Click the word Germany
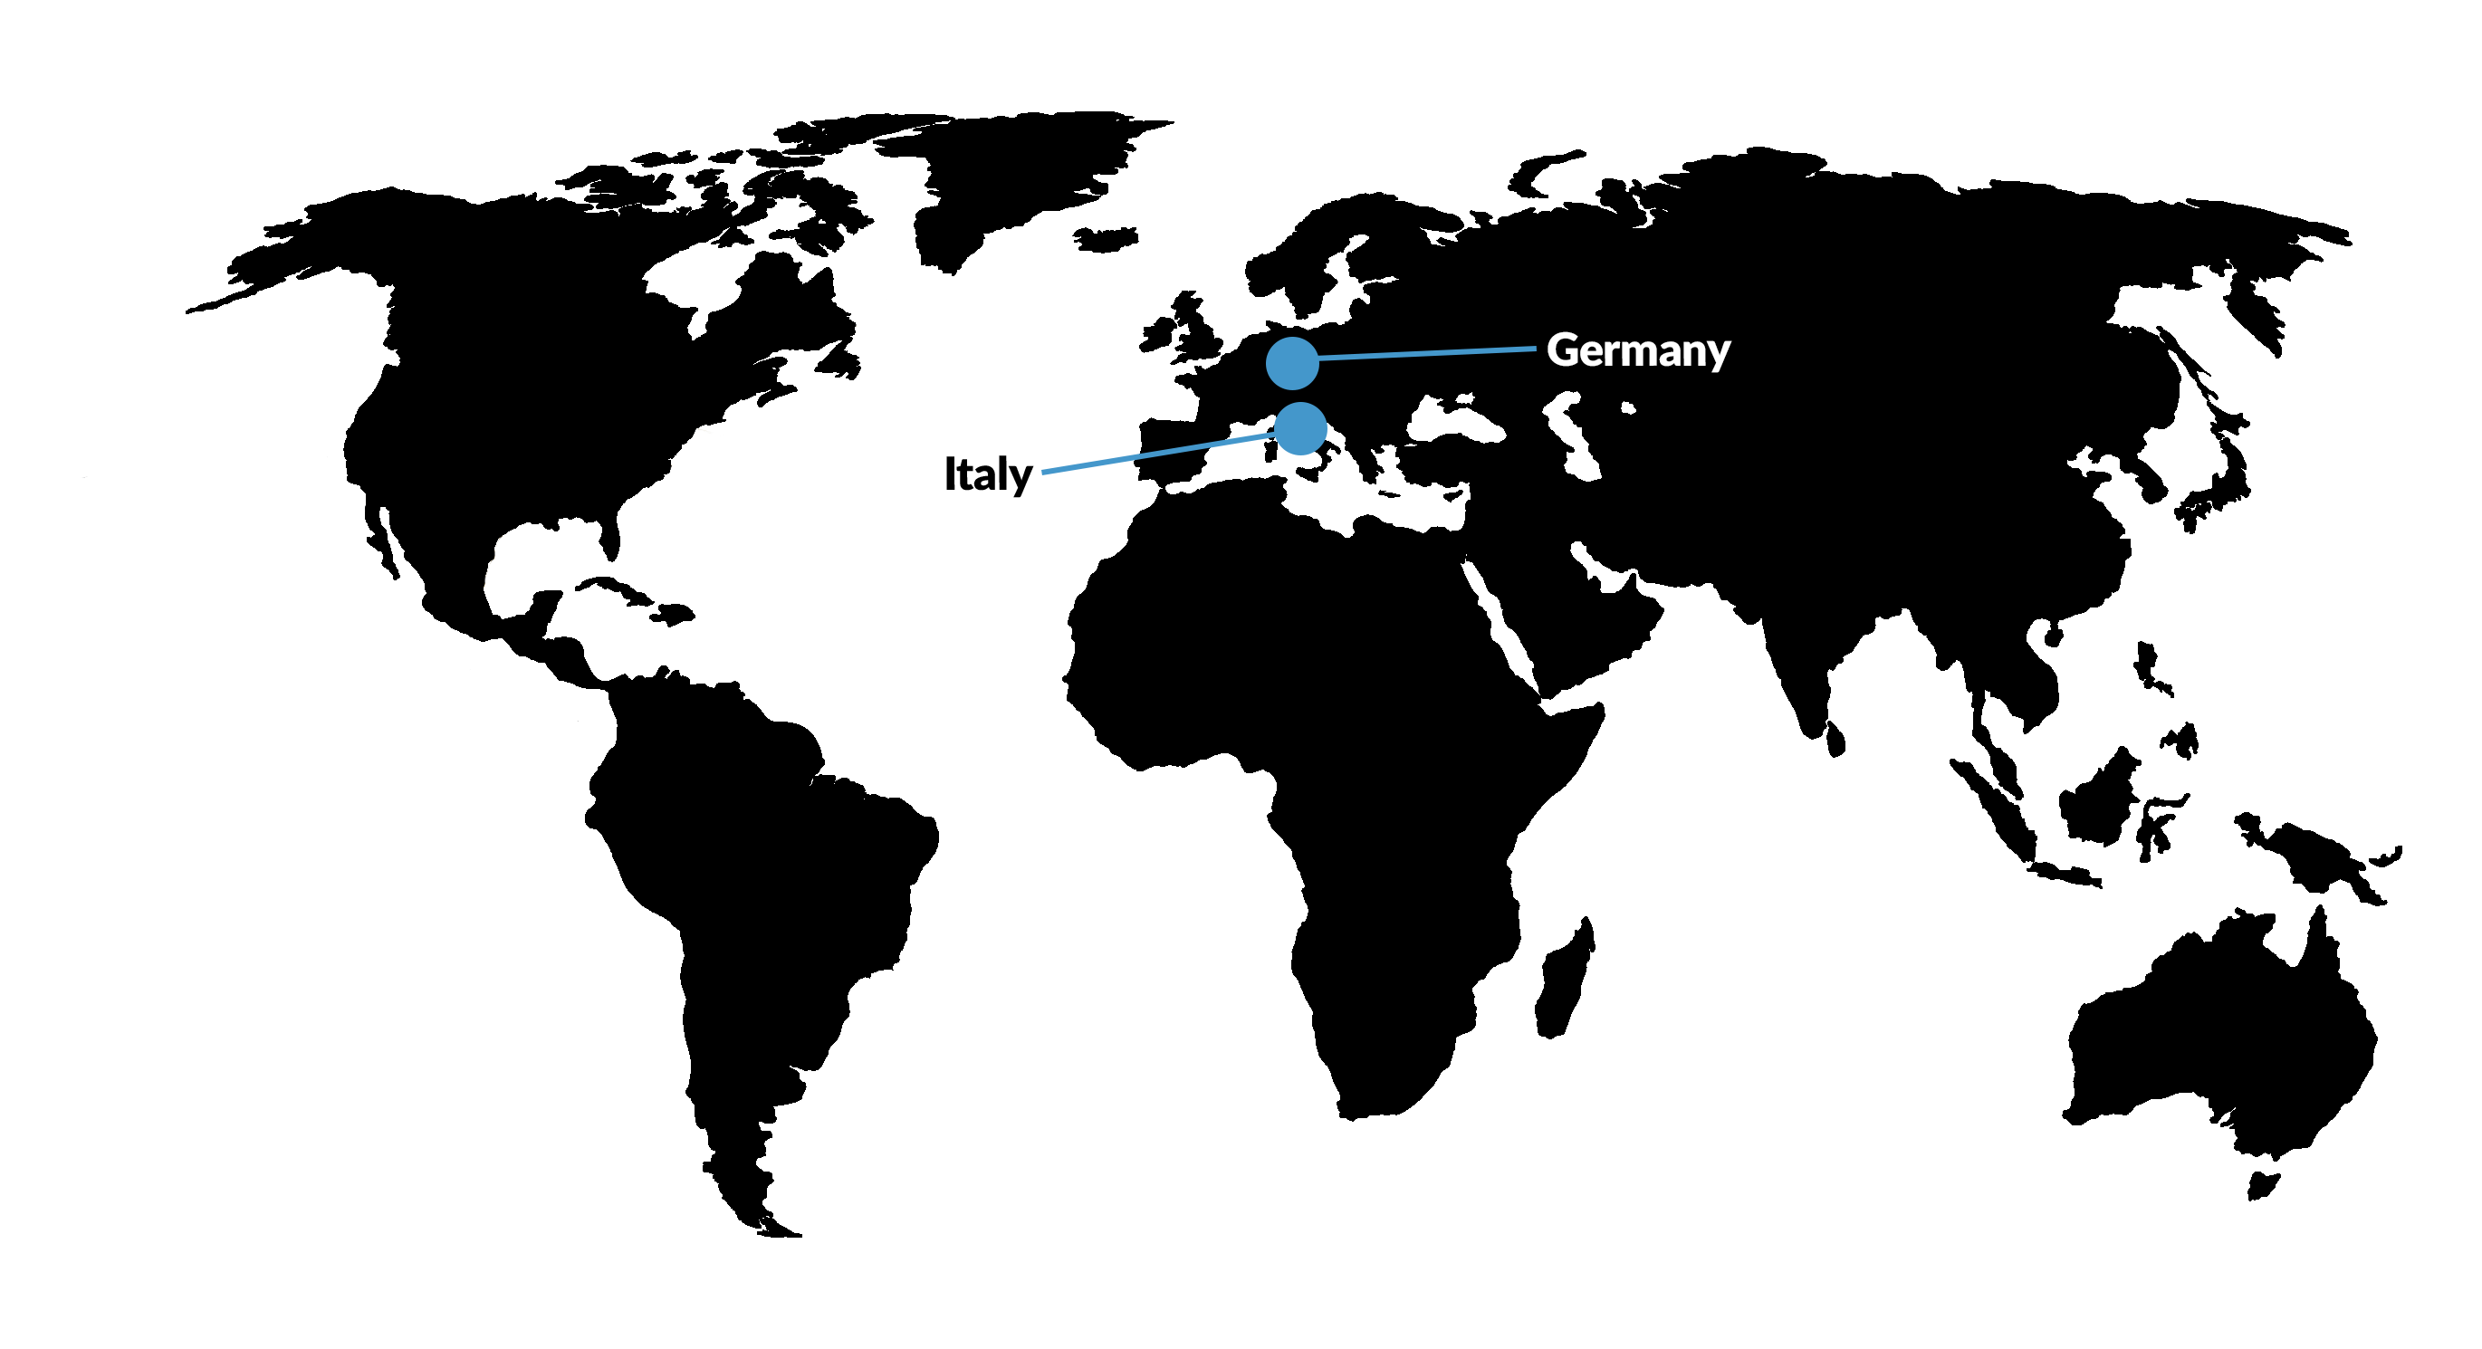pos(1638,349)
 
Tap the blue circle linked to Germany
pos(1292,363)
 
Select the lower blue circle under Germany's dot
pos(1302,426)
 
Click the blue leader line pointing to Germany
pos(1426,354)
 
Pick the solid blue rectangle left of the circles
pos(1088,451)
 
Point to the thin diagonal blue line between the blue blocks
pos(1184,449)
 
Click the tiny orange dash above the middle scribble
pos(704,431)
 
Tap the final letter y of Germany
pos(1718,355)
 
